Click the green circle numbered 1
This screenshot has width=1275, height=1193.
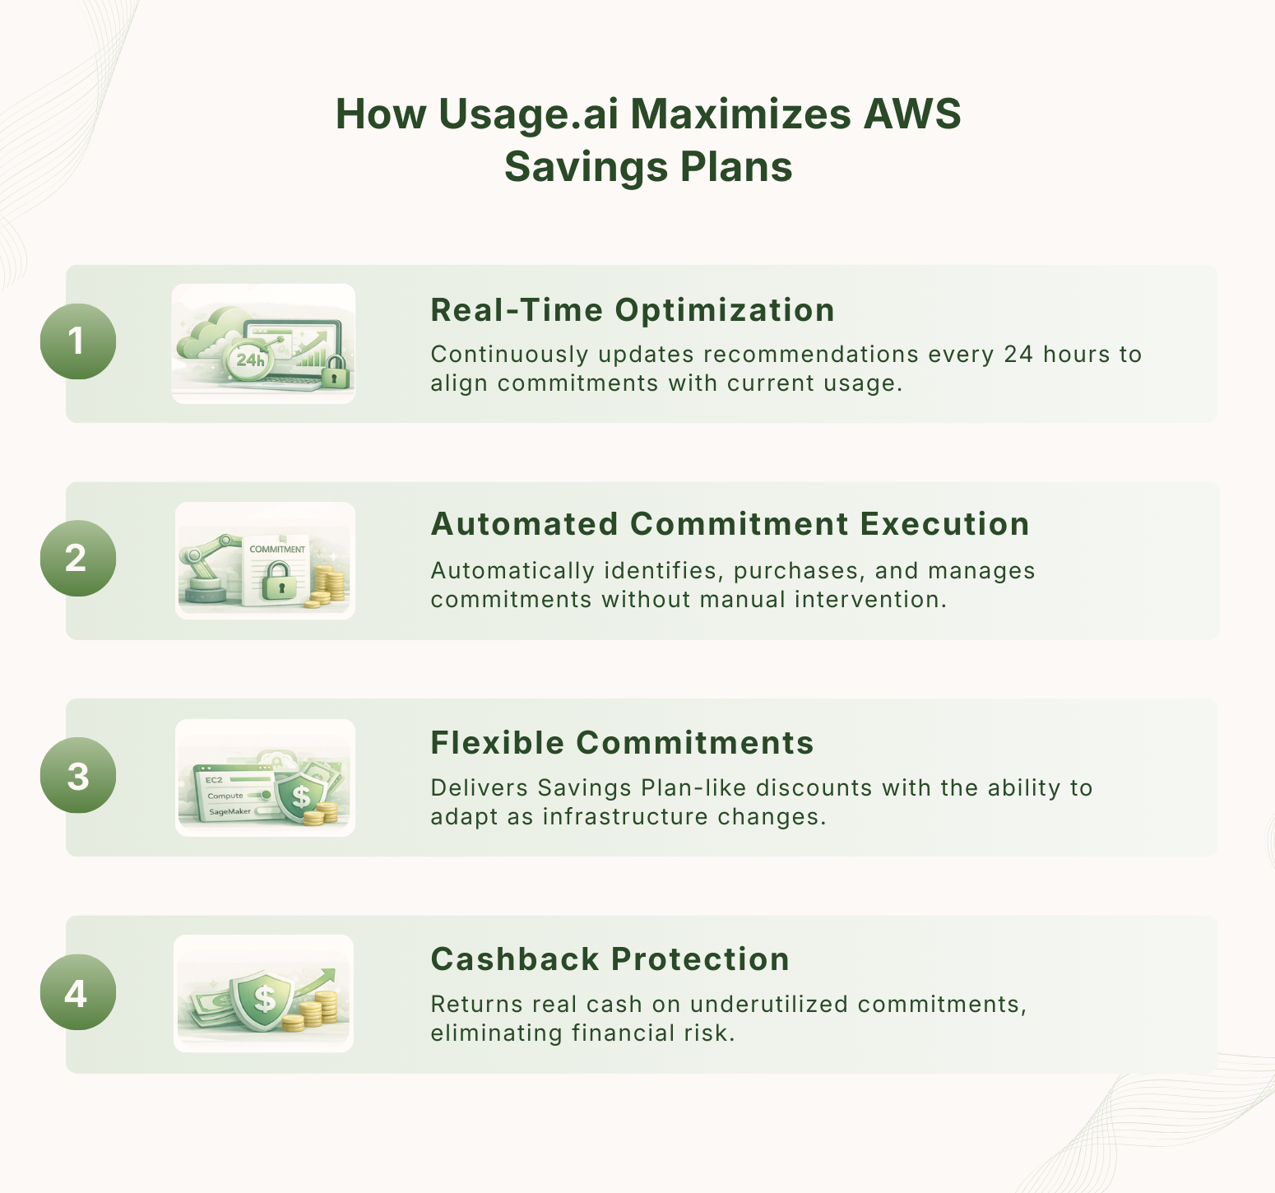click(77, 341)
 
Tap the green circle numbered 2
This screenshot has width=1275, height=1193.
click(77, 559)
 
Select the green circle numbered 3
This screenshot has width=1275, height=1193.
click(77, 776)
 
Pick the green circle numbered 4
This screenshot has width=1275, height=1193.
click(77, 992)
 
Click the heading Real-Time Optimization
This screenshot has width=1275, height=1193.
click(632, 310)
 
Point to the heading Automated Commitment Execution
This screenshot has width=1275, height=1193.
click(730, 524)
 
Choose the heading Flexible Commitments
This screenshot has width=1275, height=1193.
click(622, 743)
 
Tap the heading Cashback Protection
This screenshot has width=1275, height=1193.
click(610, 959)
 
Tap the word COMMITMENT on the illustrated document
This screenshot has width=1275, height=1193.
click(277, 549)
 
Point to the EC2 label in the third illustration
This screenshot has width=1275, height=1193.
click(214, 779)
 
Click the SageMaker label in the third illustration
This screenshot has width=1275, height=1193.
click(229, 811)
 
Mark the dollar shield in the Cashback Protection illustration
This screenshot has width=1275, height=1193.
click(263, 998)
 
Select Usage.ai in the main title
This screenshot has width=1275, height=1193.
click(527, 114)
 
